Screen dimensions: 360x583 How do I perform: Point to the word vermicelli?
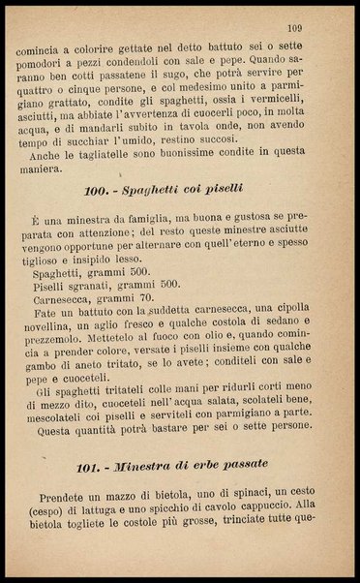pyautogui.click(x=288, y=111)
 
